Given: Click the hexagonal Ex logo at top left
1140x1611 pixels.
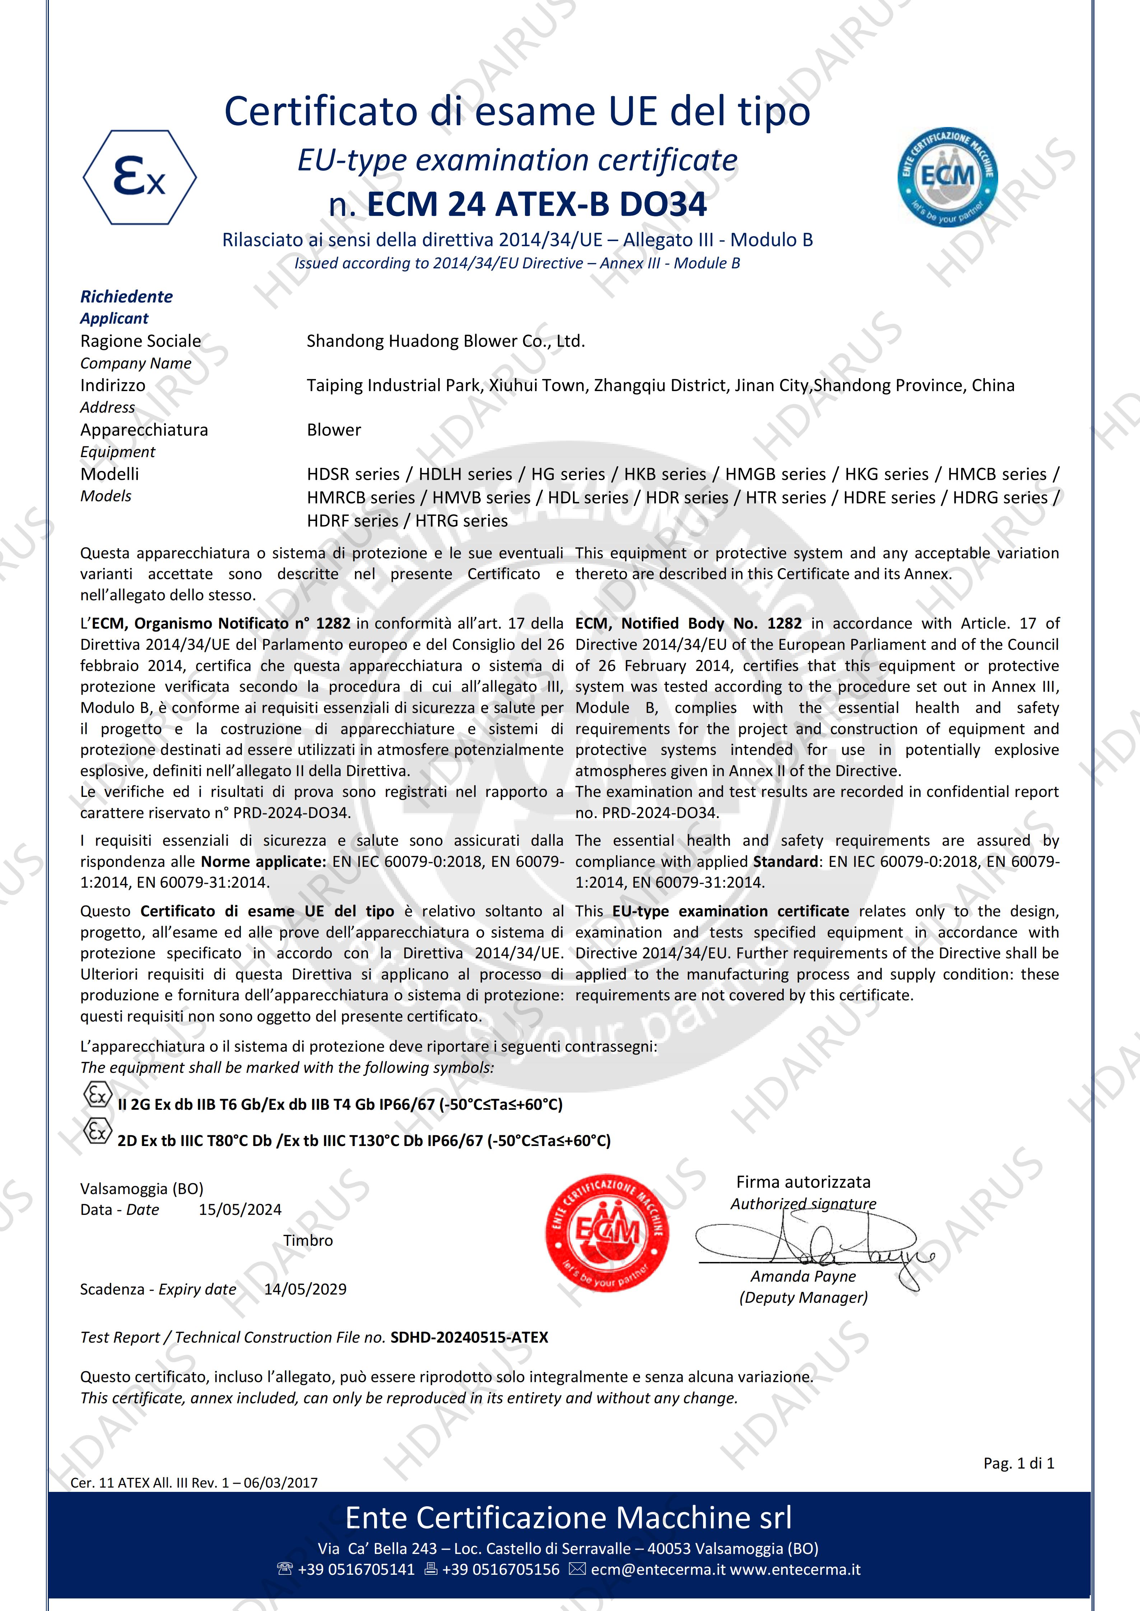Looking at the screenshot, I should [140, 177].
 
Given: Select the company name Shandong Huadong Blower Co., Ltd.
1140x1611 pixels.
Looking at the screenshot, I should [445, 341].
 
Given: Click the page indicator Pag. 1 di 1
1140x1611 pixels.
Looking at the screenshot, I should [1019, 1463].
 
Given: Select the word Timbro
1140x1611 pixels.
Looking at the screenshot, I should [308, 1240].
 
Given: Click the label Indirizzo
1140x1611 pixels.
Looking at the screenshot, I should [112, 385].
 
